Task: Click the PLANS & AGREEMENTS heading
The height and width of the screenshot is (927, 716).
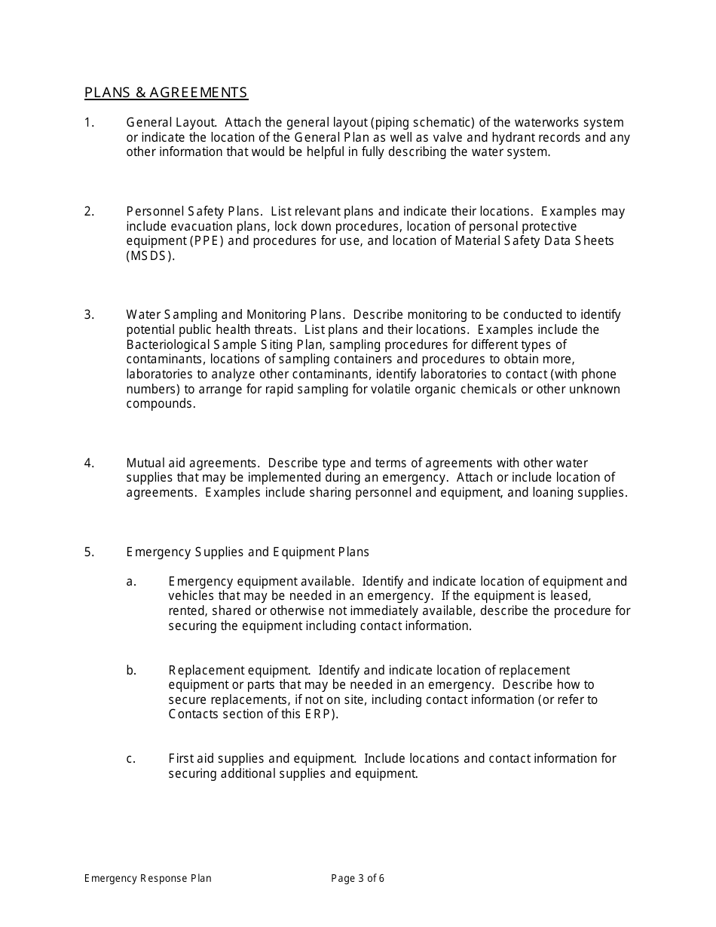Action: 166,93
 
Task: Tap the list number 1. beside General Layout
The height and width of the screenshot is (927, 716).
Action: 89,123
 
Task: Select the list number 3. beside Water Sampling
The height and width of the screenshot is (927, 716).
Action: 89,315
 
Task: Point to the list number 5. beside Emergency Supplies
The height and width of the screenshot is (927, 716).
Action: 89,552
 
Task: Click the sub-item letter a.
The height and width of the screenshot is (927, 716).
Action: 131,582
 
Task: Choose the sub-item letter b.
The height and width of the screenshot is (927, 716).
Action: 131,671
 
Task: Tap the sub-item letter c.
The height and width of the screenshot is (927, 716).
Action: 131,759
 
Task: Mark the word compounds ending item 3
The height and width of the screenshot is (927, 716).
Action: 160,404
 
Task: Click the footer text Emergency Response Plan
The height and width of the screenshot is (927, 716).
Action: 148,878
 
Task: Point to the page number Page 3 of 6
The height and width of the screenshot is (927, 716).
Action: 358,878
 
